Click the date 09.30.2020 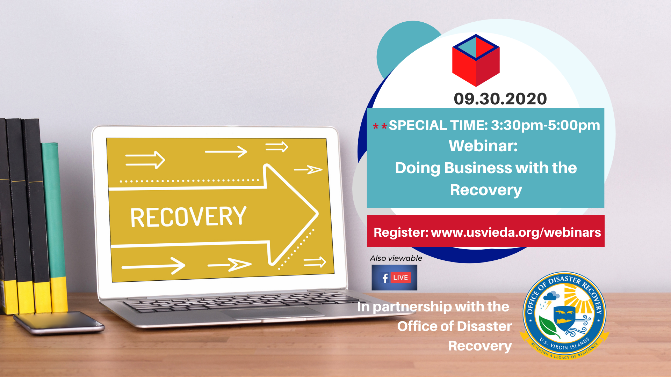pyautogui.click(x=500, y=99)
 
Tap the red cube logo pyautogui.click(x=476, y=60)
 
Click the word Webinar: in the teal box pyautogui.click(x=483, y=146)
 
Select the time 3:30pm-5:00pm pyautogui.click(x=545, y=125)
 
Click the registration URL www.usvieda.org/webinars pyautogui.click(x=516, y=232)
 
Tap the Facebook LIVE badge pyautogui.click(x=394, y=278)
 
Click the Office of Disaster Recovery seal pyautogui.click(x=564, y=316)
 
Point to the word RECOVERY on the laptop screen pyautogui.click(x=188, y=217)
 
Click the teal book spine pyautogui.click(x=55, y=227)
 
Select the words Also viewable pyautogui.click(x=396, y=258)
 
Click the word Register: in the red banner pyautogui.click(x=401, y=232)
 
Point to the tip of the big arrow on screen pyautogui.click(x=318, y=213)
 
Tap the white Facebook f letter pyautogui.click(x=385, y=278)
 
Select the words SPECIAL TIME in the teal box pyautogui.click(x=439, y=125)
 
